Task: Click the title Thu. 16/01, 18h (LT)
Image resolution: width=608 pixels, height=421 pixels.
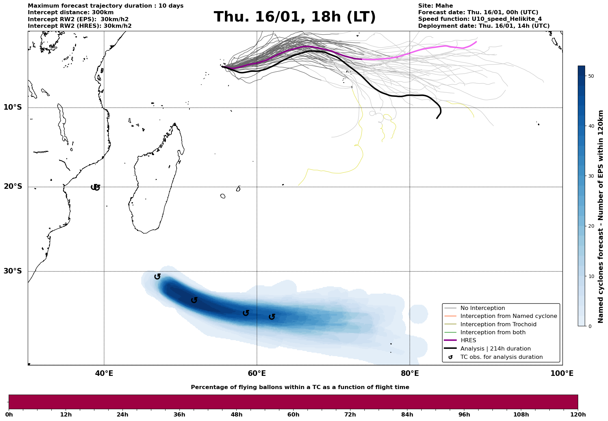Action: click(295, 17)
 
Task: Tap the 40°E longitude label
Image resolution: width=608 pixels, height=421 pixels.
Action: click(104, 374)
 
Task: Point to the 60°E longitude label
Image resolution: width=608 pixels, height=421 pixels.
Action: click(257, 374)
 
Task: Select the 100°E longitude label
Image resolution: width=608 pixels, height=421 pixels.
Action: click(562, 374)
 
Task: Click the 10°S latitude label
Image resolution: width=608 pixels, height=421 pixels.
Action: click(13, 107)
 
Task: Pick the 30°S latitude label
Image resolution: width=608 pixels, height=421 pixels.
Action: click(13, 271)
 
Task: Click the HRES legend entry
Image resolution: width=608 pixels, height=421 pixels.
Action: click(468, 340)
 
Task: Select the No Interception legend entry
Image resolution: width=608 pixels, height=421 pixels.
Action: click(482, 308)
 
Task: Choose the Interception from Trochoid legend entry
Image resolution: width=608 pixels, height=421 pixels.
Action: click(498, 325)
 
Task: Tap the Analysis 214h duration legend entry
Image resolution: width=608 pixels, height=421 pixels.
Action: click(495, 349)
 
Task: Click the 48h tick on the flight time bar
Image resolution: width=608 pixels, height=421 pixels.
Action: click(237, 415)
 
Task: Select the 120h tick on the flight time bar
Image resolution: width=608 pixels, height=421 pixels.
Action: click(578, 415)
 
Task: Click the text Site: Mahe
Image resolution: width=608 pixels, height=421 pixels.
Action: click(435, 6)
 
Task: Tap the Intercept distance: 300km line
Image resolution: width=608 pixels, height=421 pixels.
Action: click(70, 12)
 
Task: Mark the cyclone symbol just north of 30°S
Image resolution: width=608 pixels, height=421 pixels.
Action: click(157, 276)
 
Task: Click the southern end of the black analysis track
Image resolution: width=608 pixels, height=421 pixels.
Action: click(437, 118)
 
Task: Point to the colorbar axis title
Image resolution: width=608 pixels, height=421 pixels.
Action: click(601, 217)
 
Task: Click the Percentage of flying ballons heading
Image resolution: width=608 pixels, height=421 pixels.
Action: click(300, 387)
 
